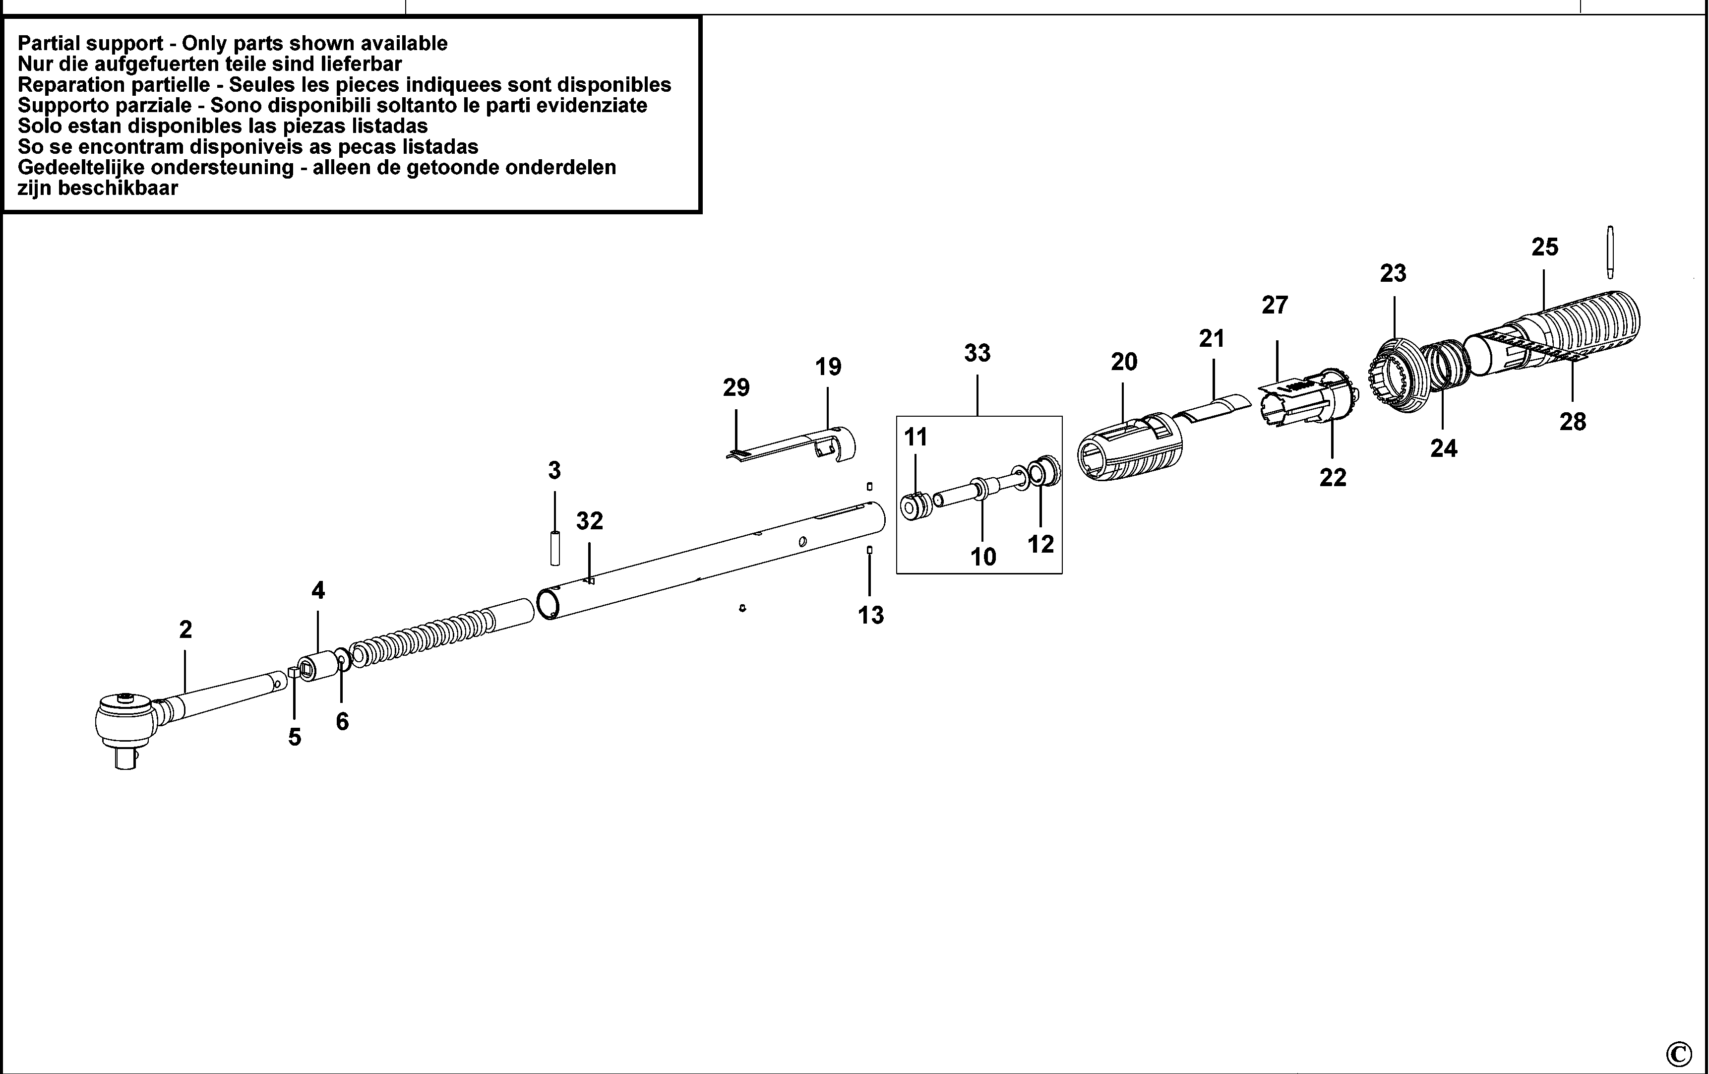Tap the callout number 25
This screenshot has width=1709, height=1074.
point(1544,247)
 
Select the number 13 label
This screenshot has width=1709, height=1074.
point(871,615)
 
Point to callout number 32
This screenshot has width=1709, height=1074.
point(589,521)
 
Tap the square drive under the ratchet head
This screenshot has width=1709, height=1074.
point(125,760)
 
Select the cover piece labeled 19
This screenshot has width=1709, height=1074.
point(816,447)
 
